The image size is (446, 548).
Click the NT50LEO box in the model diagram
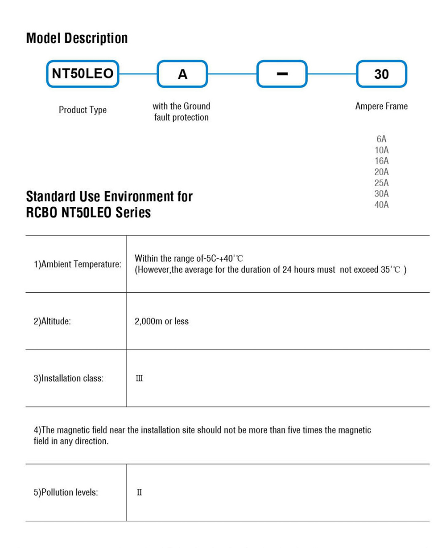click(83, 74)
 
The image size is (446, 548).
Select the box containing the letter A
click(182, 74)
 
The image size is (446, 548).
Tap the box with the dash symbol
click(282, 74)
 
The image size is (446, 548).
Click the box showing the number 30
click(381, 74)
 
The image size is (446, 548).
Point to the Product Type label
click(83, 110)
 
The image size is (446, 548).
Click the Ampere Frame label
click(381, 106)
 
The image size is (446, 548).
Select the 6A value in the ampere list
click(381, 139)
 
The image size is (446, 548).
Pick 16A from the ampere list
click(381, 161)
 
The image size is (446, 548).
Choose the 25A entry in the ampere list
click(381, 183)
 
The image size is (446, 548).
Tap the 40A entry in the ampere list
click(381, 205)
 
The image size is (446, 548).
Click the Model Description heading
click(77, 38)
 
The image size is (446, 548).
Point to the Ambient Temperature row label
click(78, 264)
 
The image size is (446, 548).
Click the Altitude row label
click(53, 321)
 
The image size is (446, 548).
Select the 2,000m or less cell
click(161, 321)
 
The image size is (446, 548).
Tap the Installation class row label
click(69, 379)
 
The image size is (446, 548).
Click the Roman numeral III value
click(139, 379)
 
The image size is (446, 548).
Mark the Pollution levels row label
click(66, 493)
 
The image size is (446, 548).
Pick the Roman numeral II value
click(139, 493)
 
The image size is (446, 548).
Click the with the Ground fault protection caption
click(181, 112)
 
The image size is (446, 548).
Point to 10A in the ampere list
click(381, 150)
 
